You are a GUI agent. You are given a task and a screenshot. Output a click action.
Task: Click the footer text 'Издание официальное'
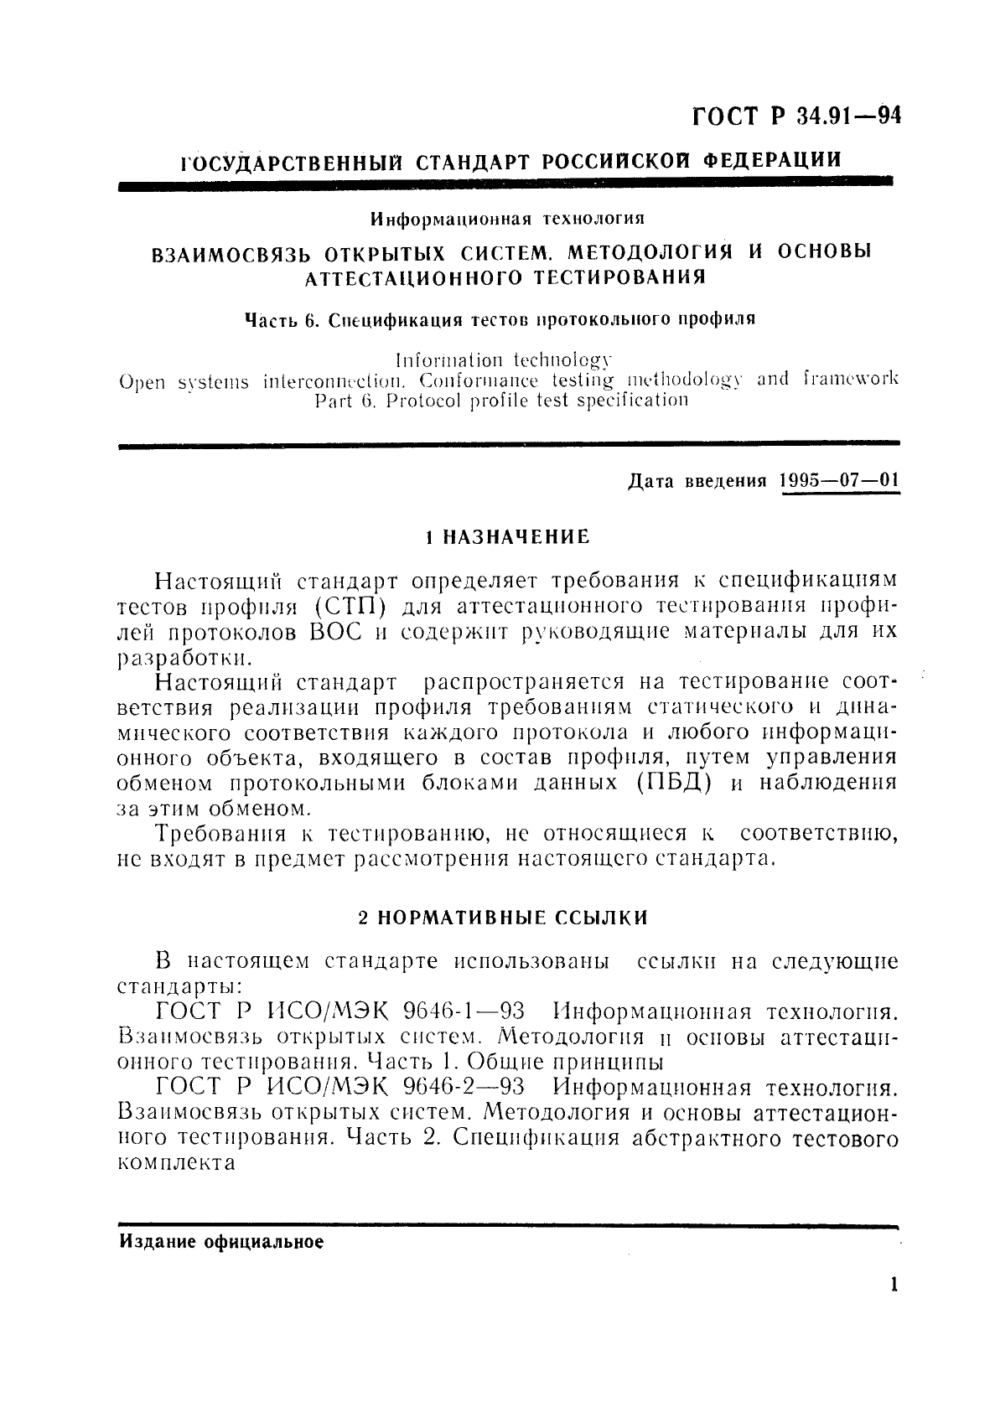(x=221, y=1243)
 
